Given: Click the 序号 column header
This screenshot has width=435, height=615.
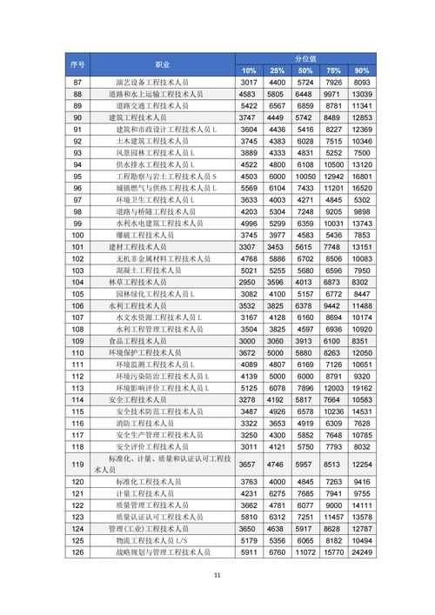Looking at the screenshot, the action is pyautogui.click(x=77, y=64).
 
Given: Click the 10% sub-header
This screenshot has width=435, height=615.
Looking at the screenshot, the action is pyautogui.click(x=249, y=70).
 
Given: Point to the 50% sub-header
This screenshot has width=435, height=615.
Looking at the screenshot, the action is pyautogui.click(x=305, y=70).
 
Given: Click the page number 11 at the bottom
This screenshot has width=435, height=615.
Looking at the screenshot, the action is pyautogui.click(x=217, y=574).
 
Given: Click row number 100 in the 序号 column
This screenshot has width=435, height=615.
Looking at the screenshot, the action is pyautogui.click(x=77, y=235).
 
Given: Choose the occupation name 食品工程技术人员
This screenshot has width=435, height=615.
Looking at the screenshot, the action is pyautogui.click(x=140, y=341).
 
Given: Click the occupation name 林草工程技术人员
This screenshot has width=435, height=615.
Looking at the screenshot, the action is pyautogui.click(x=140, y=282).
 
